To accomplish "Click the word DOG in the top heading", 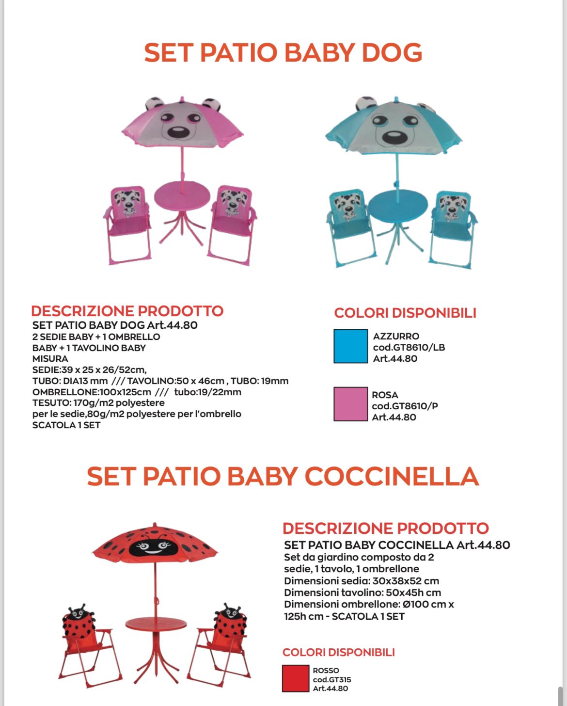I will (x=392, y=52).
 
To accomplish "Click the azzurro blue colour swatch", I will (x=350, y=346).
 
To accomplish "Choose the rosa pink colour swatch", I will (x=350, y=404).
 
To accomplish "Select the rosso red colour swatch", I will (x=296, y=678).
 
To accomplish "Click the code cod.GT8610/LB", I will (x=409, y=347).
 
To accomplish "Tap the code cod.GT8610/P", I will (x=405, y=406).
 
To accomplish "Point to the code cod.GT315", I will (x=331, y=679).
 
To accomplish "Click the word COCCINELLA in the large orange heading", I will (x=392, y=476).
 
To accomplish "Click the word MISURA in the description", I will (x=50, y=359).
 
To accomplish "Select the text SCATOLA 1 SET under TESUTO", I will (x=66, y=425).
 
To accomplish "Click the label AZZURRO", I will (x=396, y=336).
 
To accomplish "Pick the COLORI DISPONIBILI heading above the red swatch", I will (x=338, y=652).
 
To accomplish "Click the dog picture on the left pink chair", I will (x=129, y=202).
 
